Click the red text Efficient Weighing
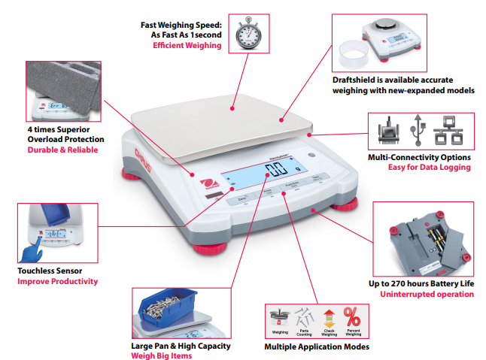(x=187, y=46)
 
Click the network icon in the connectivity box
(x=453, y=130)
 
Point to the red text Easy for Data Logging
(x=429, y=167)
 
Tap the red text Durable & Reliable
(x=62, y=150)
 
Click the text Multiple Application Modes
(x=316, y=346)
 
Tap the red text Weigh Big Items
(x=161, y=355)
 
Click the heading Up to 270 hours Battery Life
(x=421, y=283)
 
